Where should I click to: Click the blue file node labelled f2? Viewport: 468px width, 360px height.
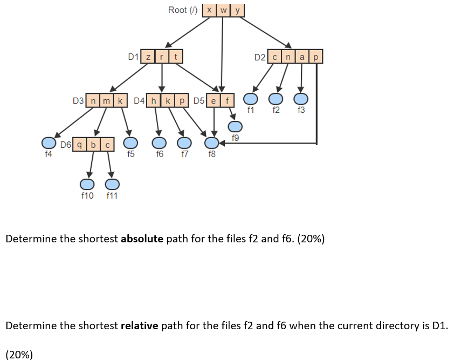[276, 99]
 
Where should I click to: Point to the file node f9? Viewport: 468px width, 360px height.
[235, 126]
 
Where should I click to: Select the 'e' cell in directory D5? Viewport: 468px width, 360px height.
[214, 100]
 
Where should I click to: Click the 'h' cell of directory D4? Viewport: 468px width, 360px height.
[155, 100]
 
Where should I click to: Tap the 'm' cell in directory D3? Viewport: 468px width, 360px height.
[106, 100]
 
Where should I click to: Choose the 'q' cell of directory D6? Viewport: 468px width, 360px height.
[80, 144]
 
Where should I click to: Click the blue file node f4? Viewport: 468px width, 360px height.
[49, 143]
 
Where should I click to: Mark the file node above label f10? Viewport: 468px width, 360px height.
[86, 185]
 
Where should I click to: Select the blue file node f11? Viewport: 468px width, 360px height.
[112, 185]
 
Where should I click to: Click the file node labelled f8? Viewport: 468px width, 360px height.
[211, 143]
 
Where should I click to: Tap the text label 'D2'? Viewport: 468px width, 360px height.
[260, 57]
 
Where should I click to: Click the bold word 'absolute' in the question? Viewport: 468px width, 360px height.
[142, 239]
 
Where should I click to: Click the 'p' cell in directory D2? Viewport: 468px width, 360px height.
[316, 57]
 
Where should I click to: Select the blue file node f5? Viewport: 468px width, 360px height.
[130, 143]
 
